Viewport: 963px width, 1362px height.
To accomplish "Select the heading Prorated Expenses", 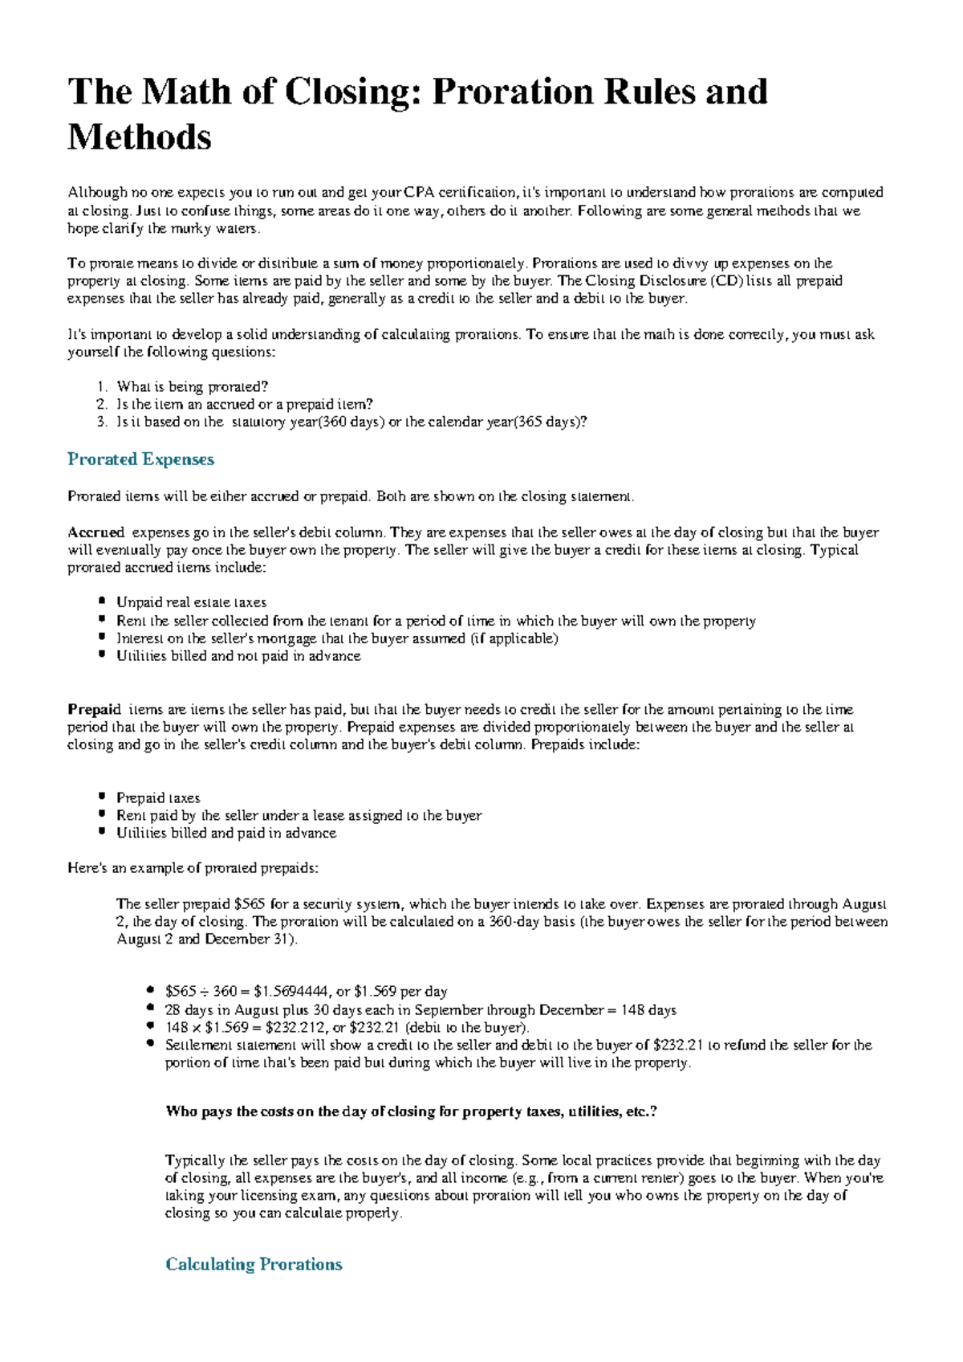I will click(x=140, y=459).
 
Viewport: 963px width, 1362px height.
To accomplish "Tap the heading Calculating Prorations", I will click(x=254, y=1264).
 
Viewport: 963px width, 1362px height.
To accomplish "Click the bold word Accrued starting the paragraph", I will click(x=95, y=532).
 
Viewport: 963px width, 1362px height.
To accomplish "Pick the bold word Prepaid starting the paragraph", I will click(x=94, y=710).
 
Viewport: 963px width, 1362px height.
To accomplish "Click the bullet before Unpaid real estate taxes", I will click(x=101, y=601).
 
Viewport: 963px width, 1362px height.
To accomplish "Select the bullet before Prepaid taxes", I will click(x=101, y=797).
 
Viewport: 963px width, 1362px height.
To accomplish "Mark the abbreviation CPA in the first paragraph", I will click(x=421, y=193).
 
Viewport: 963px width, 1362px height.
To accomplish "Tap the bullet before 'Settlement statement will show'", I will click(x=150, y=1044).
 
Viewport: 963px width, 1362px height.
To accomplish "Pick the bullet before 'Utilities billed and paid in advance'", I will click(x=101, y=832).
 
